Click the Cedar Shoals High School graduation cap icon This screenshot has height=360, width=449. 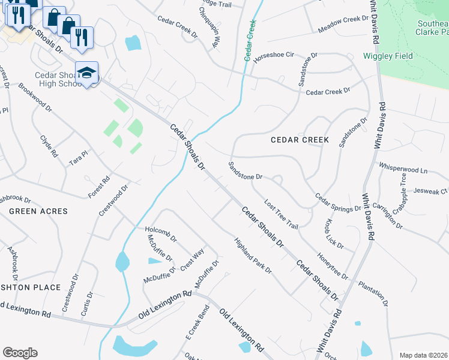pyautogui.click(x=87, y=73)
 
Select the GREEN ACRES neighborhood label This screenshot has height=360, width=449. pyautogui.click(x=38, y=211)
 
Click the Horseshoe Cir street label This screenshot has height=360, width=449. pyautogui.click(x=273, y=55)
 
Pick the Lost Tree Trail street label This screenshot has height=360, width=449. pyautogui.click(x=281, y=215)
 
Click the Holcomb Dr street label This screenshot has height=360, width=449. pyautogui.click(x=161, y=233)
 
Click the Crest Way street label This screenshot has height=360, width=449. pyautogui.click(x=192, y=259)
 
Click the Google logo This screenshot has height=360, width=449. pyautogui.click(x=20, y=353)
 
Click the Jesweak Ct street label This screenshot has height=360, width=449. pyautogui.click(x=431, y=191)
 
